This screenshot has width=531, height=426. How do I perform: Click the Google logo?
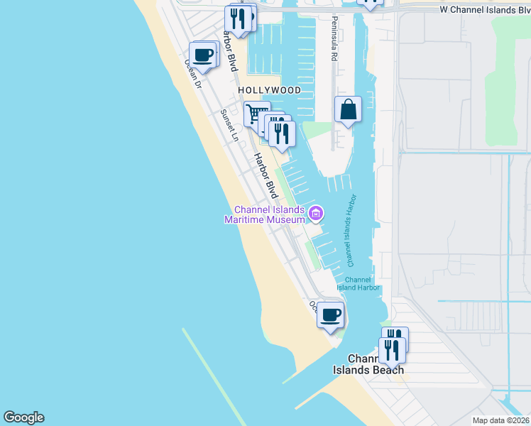coord(23,417)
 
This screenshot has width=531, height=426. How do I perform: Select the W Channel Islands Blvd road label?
coord(484,10)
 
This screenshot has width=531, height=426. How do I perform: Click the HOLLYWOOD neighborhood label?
coord(269,91)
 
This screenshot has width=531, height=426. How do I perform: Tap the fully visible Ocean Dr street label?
coord(193,73)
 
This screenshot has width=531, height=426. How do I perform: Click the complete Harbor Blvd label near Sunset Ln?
coord(266,175)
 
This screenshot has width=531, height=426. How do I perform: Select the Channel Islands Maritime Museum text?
coord(270,215)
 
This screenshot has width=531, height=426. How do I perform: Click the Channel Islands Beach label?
coord(369,364)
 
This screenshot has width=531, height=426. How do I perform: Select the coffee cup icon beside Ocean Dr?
coord(203,55)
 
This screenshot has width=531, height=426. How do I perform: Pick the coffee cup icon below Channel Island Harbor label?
coord(330,314)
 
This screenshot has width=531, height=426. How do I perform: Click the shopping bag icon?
coord(348,110)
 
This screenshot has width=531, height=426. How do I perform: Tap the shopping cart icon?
coord(256,114)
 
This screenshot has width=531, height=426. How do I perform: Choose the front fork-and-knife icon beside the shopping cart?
coord(282,133)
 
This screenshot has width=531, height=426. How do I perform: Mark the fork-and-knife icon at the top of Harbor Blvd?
coord(238,18)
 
